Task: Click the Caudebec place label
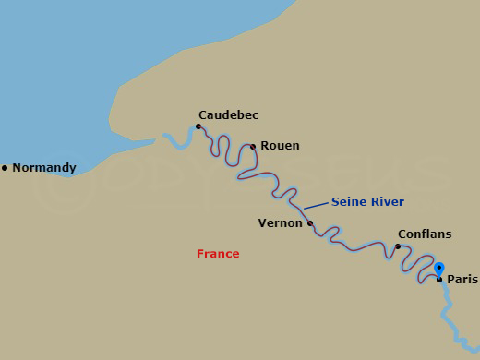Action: pyautogui.click(x=228, y=115)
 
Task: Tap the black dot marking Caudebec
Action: pyautogui.click(x=198, y=126)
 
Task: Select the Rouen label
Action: pyautogui.click(x=280, y=146)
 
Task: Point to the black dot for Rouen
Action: pyautogui.click(x=253, y=146)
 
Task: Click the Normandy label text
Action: pyautogui.click(x=44, y=168)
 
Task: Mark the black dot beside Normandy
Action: pyautogui.click(x=5, y=168)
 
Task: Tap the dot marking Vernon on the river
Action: pyautogui.click(x=310, y=222)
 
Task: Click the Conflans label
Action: pyautogui.click(x=424, y=234)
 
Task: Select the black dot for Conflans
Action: pyautogui.click(x=398, y=246)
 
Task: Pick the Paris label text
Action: pyautogui.click(x=462, y=279)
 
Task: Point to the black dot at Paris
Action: pyautogui.click(x=439, y=279)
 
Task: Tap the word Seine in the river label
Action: pyautogui.click(x=348, y=202)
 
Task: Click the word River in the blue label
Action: pyautogui.click(x=387, y=202)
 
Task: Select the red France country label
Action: pyautogui.click(x=218, y=254)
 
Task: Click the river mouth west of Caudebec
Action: pyautogui.click(x=168, y=138)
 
